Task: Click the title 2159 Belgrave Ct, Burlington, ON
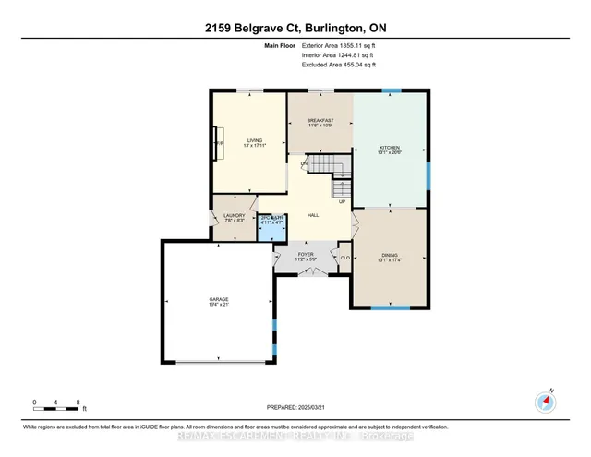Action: pyautogui.click(x=295, y=27)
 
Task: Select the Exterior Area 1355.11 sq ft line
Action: pyautogui.click(x=340, y=45)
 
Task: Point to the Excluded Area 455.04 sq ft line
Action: pyautogui.click(x=340, y=65)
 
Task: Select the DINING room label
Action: pyautogui.click(x=390, y=258)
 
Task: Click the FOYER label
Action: pyautogui.click(x=306, y=255)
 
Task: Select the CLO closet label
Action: pyautogui.click(x=344, y=258)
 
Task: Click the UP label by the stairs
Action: pyautogui.click(x=341, y=201)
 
